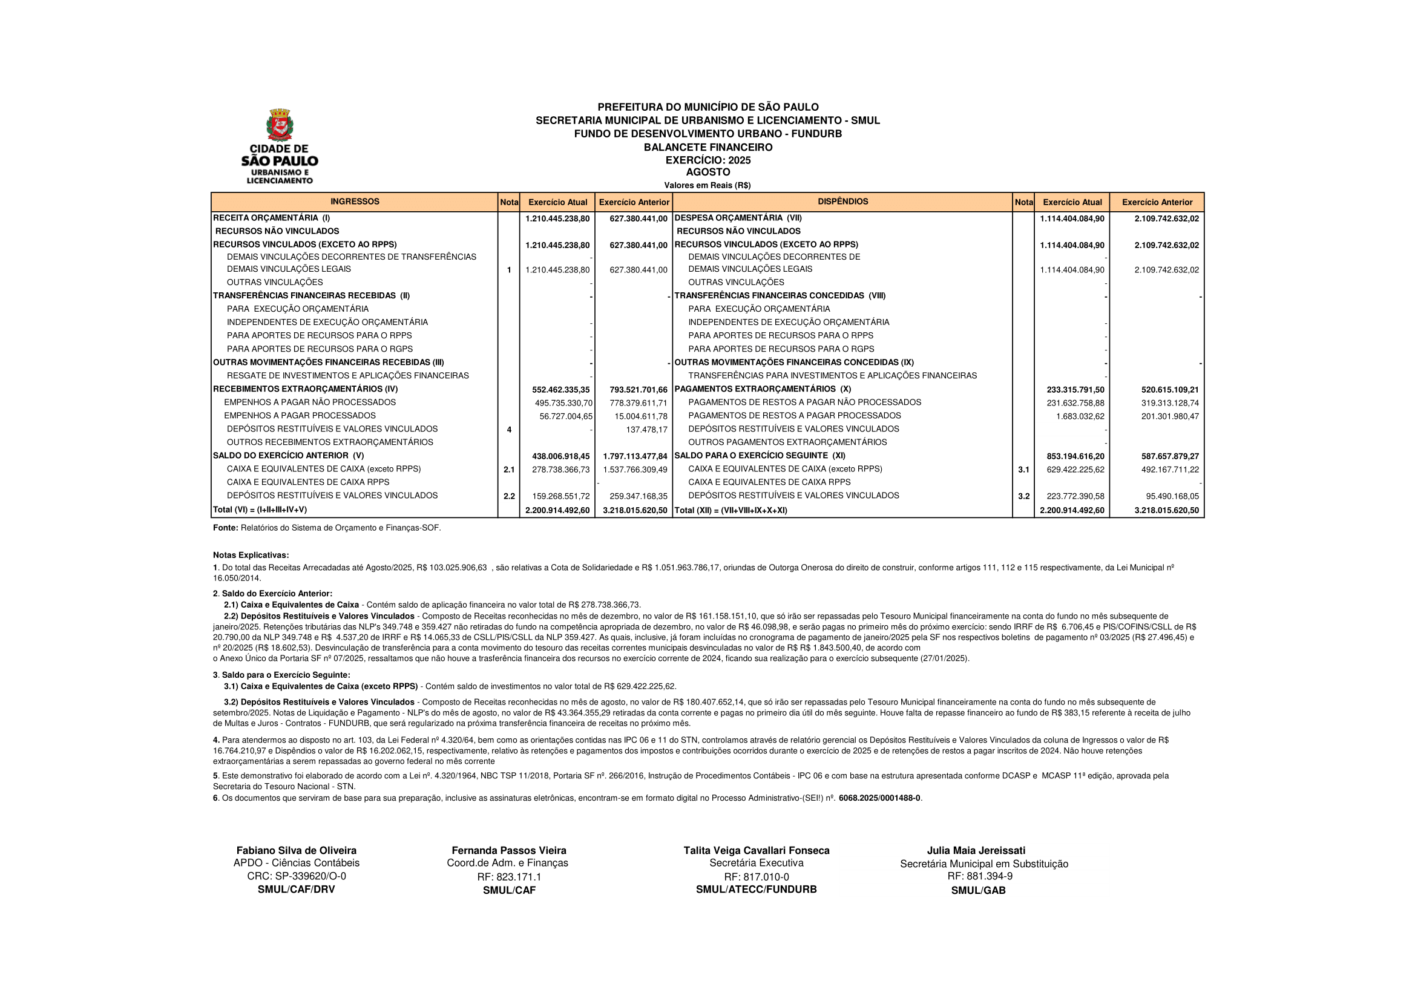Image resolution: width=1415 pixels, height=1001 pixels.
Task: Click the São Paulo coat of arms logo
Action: tap(280, 125)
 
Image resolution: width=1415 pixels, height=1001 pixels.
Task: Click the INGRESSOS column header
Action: tap(355, 202)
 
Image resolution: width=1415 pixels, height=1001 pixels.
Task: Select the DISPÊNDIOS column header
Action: tap(842, 202)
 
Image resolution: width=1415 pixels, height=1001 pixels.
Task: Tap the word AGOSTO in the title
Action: tap(707, 172)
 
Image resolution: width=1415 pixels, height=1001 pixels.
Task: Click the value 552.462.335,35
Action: tap(561, 390)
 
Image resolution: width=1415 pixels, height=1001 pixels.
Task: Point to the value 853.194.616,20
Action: tap(1075, 456)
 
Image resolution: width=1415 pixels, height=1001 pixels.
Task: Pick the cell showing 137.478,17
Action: tap(646, 430)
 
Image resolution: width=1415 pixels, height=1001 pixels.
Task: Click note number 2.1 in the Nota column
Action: tap(508, 470)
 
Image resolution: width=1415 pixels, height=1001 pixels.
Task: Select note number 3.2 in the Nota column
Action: tap(1023, 496)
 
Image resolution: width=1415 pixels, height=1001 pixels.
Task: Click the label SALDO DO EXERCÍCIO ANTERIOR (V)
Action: tap(289, 456)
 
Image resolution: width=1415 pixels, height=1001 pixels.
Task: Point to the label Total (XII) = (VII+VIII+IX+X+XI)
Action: tap(731, 510)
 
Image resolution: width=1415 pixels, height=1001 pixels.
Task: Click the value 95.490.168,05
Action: tap(1169, 496)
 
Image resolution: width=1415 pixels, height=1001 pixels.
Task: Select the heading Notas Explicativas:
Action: tap(251, 556)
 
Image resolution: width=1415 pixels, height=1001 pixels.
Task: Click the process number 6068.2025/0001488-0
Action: tap(879, 798)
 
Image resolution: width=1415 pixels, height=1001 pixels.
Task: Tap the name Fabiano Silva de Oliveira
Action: tap(297, 850)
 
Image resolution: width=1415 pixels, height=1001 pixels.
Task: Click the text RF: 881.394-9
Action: tap(980, 876)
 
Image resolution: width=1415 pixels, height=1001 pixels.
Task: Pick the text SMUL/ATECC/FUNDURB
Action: tap(756, 890)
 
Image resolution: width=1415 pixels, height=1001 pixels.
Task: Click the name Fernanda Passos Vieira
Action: tap(508, 850)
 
